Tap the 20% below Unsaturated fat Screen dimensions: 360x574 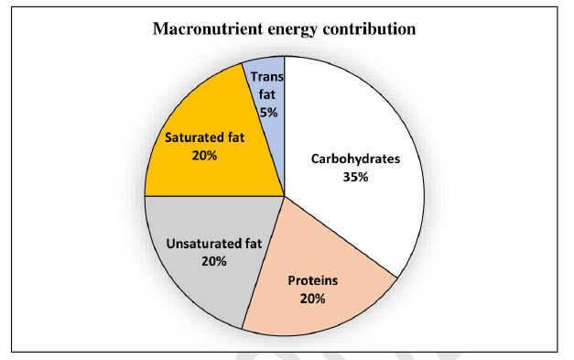coord(212,261)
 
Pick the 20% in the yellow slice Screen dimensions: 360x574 coord(203,156)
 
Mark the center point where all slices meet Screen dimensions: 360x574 coord(285,194)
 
